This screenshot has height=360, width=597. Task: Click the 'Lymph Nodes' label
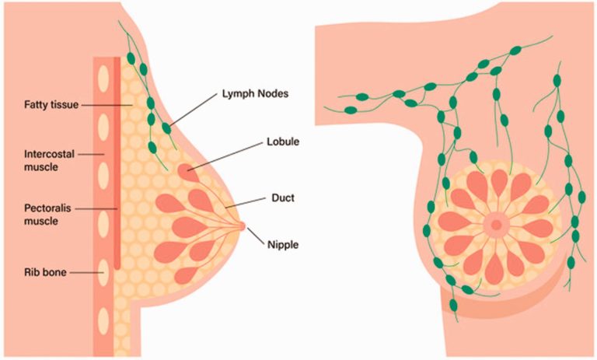click(x=255, y=93)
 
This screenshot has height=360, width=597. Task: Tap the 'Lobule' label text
click(x=283, y=142)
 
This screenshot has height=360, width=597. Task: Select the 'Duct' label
click(x=283, y=198)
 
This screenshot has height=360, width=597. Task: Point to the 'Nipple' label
click(x=283, y=245)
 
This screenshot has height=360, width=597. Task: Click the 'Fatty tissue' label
click(x=51, y=105)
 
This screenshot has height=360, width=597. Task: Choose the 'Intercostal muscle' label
click(x=49, y=160)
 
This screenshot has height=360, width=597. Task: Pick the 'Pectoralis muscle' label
click(x=47, y=215)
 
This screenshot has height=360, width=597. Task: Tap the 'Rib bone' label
click(x=45, y=272)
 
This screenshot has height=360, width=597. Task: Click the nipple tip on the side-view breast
click(x=243, y=226)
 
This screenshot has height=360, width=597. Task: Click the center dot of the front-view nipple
click(x=496, y=225)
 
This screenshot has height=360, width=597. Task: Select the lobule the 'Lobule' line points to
click(x=187, y=172)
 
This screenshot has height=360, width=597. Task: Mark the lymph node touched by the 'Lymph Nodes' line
click(x=166, y=128)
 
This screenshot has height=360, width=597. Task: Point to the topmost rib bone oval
click(x=103, y=79)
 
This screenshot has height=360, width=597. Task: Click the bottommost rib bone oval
click(x=103, y=321)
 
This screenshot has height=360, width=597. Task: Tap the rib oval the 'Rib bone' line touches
click(x=103, y=273)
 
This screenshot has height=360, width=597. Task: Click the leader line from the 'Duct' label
click(x=245, y=203)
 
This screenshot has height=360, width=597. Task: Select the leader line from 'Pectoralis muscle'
click(x=96, y=208)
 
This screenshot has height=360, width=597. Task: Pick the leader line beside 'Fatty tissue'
click(x=107, y=105)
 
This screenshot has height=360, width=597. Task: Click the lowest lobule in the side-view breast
click(x=187, y=275)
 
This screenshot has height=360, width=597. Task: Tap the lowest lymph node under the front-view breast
click(x=453, y=305)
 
